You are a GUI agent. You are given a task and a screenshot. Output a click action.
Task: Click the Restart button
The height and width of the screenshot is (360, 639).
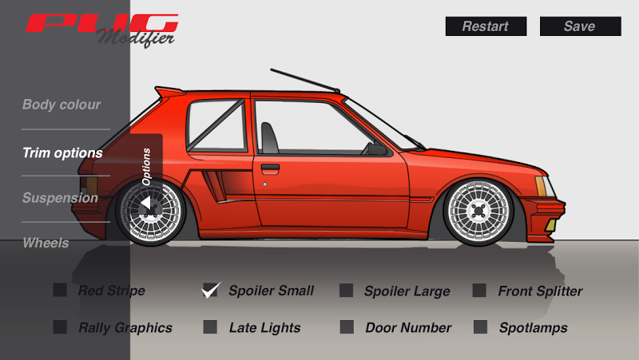tap(486, 26)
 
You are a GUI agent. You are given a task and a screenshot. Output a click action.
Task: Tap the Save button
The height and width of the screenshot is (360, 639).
tap(580, 26)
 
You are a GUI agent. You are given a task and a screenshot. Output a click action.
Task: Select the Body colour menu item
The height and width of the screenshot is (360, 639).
tap(62, 105)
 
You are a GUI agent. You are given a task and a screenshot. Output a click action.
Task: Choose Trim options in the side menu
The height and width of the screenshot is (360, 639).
tap(62, 152)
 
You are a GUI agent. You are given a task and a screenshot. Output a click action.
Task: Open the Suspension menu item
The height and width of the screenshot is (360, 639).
tap(60, 198)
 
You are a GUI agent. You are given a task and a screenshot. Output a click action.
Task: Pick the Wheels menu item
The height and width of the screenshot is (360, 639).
tap(46, 243)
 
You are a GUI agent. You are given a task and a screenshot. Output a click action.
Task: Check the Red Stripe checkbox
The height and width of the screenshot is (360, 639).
tap(60, 291)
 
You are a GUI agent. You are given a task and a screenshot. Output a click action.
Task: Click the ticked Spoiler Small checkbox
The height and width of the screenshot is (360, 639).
tap(211, 291)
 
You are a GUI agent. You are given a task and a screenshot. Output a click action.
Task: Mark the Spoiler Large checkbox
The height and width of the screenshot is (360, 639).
tap(346, 291)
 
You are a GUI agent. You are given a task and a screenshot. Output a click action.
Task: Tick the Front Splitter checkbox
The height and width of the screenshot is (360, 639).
tap(479, 291)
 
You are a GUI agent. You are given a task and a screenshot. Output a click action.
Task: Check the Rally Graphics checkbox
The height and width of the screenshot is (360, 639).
tap(60, 327)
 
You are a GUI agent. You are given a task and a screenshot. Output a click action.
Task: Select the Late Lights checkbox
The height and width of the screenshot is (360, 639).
tap(210, 327)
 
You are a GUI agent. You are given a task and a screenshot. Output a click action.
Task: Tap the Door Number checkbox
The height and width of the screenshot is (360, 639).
tap(346, 327)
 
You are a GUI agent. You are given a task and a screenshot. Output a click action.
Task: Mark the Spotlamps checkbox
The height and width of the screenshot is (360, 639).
tap(479, 327)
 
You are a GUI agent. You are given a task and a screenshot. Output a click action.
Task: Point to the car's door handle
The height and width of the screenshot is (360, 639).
tap(270, 168)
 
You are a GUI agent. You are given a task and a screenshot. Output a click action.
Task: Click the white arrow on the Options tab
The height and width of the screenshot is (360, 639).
tap(146, 205)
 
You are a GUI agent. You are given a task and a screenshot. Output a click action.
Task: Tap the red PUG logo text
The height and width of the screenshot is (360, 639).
tap(101, 22)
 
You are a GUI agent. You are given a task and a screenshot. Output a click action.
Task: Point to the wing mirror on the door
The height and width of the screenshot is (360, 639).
tap(373, 148)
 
